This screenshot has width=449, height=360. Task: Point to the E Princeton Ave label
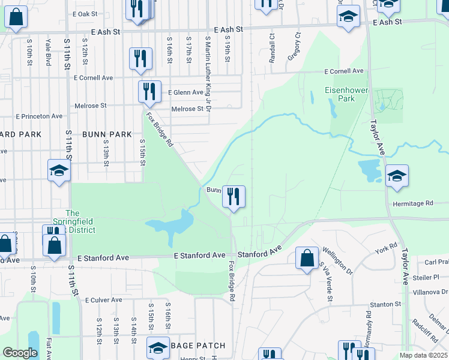(x=39, y=116)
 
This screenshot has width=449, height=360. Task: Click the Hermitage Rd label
(x=412, y=204)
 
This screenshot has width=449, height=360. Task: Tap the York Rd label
(x=386, y=247)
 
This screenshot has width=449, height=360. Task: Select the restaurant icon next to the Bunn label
(x=234, y=196)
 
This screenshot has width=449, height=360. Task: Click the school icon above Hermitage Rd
(x=397, y=176)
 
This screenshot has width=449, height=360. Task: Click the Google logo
(x=20, y=353)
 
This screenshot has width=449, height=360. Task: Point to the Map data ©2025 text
(x=423, y=355)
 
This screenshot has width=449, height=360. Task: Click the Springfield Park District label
(x=73, y=221)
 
